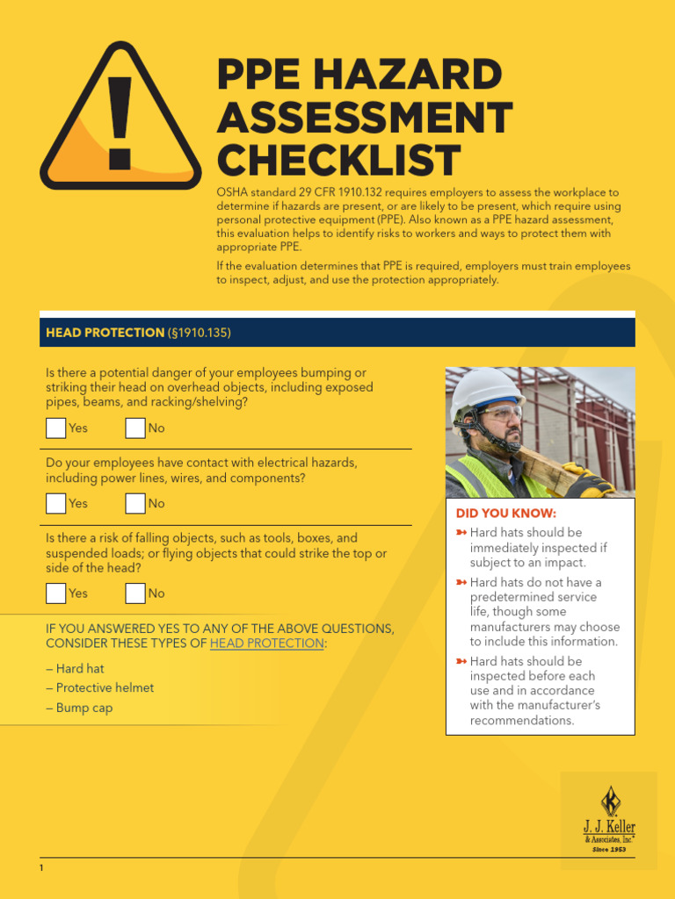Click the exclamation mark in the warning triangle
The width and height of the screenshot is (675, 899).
click(x=120, y=123)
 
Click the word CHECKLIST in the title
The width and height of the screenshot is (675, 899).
click(x=338, y=161)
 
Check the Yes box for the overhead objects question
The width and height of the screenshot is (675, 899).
click(x=56, y=428)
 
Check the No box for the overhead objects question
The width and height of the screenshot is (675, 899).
click(x=135, y=428)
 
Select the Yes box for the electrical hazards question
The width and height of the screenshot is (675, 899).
click(x=56, y=504)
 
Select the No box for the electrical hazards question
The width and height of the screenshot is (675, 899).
click(x=135, y=504)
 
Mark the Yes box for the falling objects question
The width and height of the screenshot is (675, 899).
click(x=56, y=593)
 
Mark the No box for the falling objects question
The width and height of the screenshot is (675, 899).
click(x=135, y=593)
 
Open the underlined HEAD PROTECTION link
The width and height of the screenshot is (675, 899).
click(x=266, y=644)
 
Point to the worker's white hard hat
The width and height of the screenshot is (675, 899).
click(x=485, y=388)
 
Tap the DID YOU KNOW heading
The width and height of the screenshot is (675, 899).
click(x=505, y=514)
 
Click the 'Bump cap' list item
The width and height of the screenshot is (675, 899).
click(x=80, y=708)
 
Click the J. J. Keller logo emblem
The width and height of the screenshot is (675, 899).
click(x=609, y=802)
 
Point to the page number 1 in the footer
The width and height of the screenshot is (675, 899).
click(x=41, y=868)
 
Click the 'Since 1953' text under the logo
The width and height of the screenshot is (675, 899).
click(x=609, y=850)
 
